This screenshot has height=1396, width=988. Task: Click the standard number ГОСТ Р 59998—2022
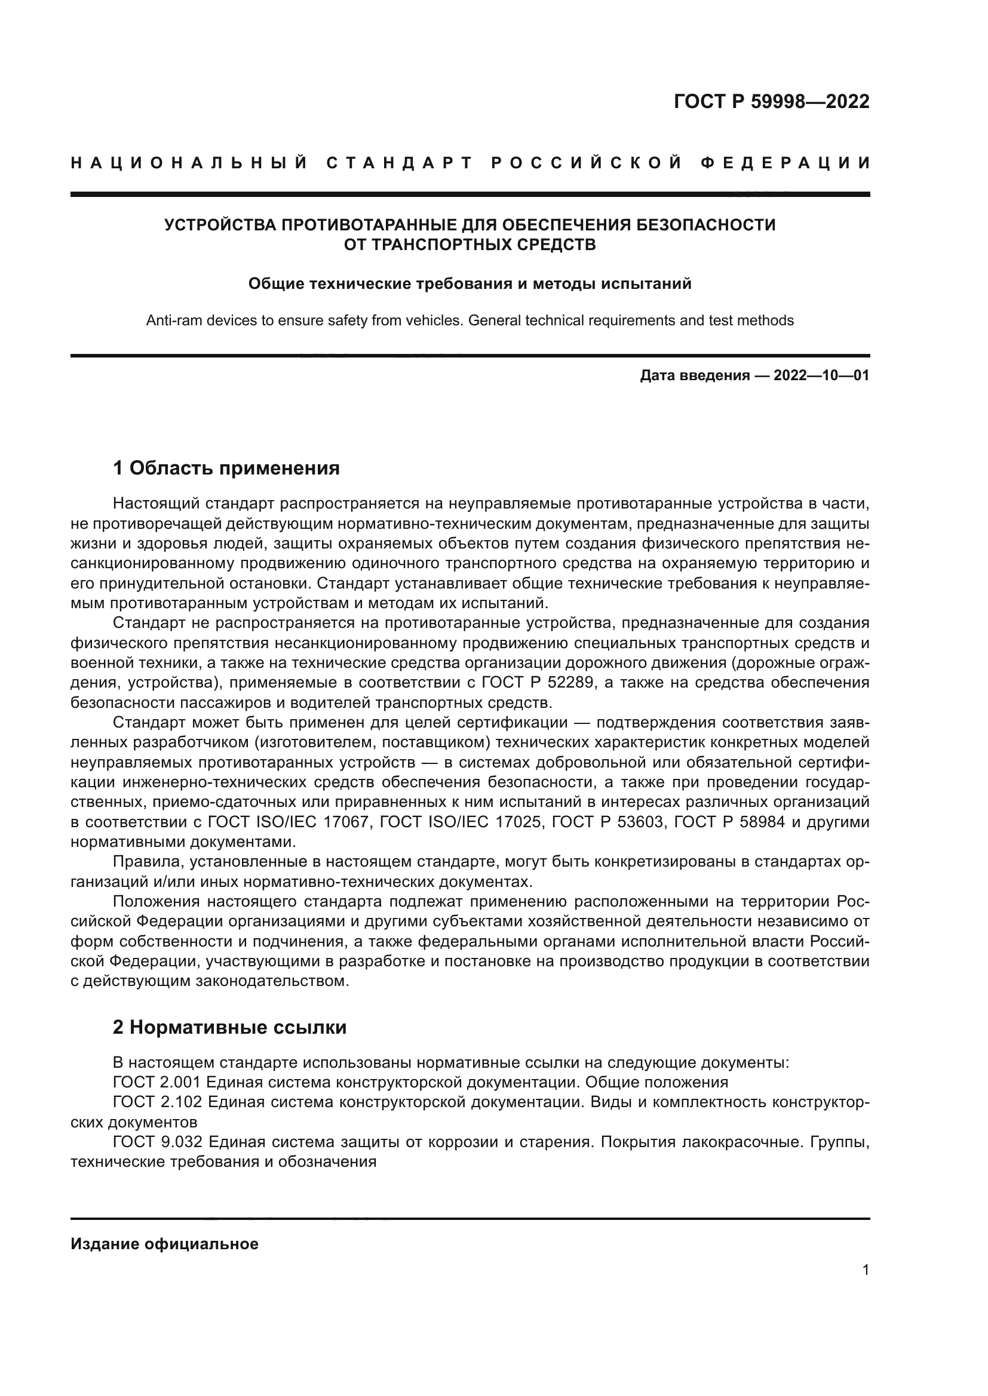771,101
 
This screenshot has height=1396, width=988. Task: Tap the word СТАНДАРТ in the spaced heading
400,163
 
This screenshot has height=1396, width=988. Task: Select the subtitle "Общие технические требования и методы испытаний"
470,284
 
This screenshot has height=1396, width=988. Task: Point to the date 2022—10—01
821,376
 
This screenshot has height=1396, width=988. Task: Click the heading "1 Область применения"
226,468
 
